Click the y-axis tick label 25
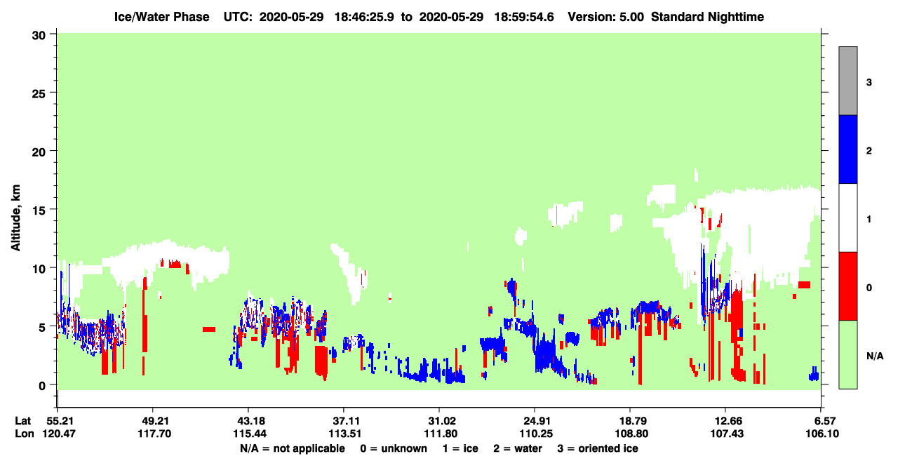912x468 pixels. (x=39, y=94)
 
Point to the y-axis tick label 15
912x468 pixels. (x=39, y=210)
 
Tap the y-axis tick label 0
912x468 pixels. (x=42, y=386)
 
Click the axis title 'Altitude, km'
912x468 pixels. (x=15, y=218)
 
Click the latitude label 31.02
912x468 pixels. (x=440, y=421)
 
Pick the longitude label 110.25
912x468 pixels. (x=536, y=434)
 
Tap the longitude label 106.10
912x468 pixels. (x=822, y=434)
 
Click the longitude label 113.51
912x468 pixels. (x=345, y=434)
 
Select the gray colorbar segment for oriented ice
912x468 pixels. (x=847, y=81)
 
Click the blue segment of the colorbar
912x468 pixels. (x=847, y=149)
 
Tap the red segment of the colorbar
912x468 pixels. (x=847, y=286)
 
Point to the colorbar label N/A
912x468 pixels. (x=875, y=356)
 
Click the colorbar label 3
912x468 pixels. (x=869, y=83)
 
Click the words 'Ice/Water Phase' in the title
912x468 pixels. (x=161, y=17)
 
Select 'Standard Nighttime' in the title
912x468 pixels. (x=707, y=17)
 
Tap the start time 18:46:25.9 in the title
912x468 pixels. (x=364, y=17)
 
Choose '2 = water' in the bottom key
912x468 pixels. (x=518, y=448)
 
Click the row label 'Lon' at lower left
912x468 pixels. (x=25, y=434)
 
